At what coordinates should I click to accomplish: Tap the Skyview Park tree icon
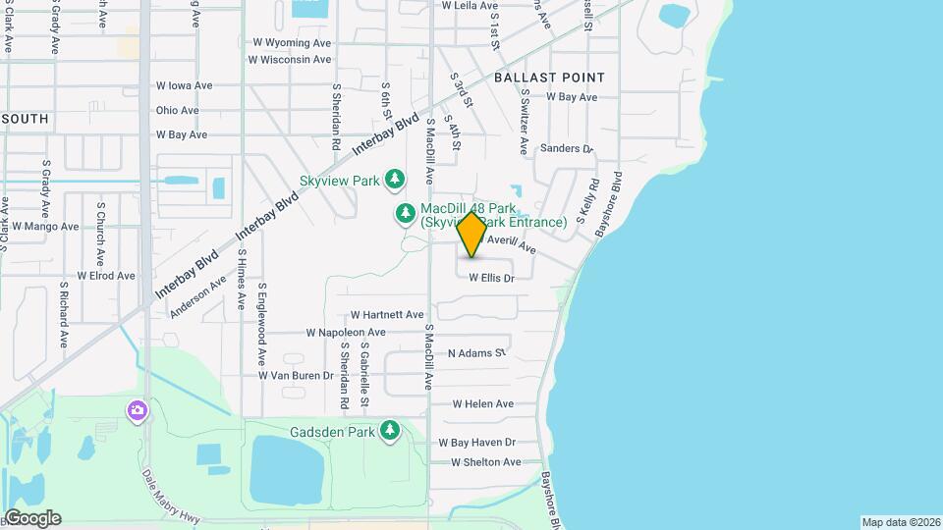(x=395, y=179)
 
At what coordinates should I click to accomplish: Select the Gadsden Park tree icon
(x=391, y=430)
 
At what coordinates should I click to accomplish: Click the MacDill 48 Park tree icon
(x=405, y=213)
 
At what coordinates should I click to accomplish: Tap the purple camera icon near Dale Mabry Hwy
(x=139, y=409)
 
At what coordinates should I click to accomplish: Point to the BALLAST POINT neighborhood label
(x=549, y=78)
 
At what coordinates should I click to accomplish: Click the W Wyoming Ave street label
(x=292, y=43)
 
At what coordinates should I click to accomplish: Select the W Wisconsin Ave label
(x=290, y=60)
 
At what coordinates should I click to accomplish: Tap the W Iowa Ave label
(x=184, y=86)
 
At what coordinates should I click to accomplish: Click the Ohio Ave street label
(x=177, y=111)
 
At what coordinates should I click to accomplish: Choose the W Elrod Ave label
(x=106, y=276)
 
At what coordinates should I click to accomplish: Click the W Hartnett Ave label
(x=387, y=315)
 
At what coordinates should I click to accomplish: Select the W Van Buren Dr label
(x=296, y=376)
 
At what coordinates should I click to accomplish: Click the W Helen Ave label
(x=482, y=404)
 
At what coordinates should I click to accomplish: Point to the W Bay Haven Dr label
(x=476, y=443)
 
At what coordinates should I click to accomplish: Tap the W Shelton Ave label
(x=485, y=462)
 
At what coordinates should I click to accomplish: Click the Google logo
(x=32, y=518)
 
